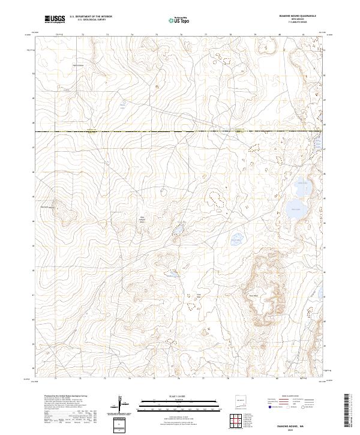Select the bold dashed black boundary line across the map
pyautogui.click(x=180, y=131)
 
